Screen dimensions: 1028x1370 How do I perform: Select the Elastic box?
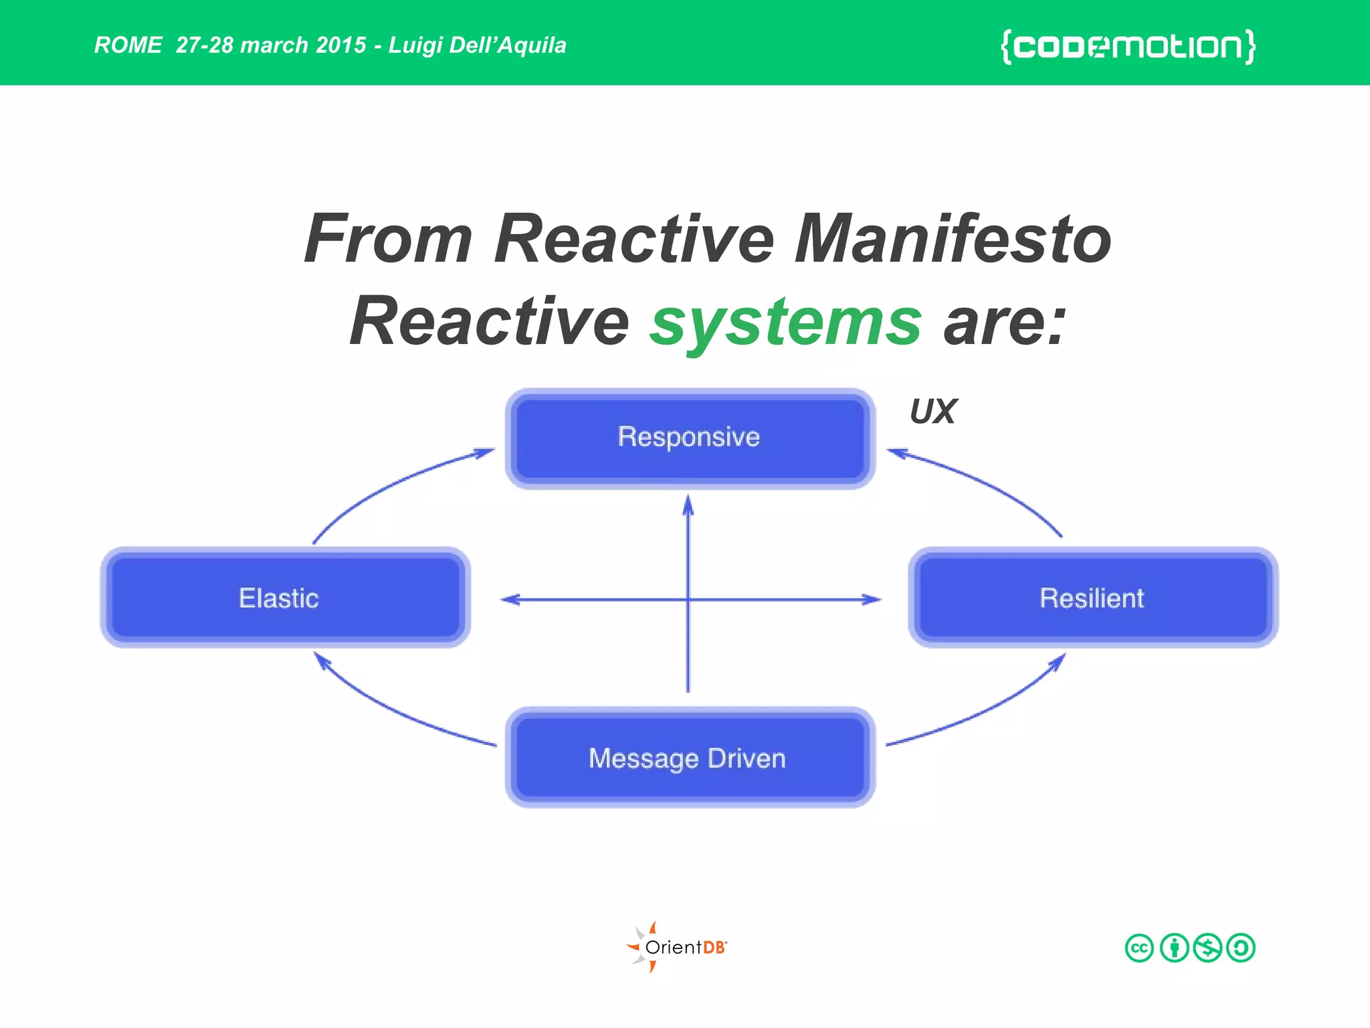click(x=285, y=598)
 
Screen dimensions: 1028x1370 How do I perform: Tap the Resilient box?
click(x=1093, y=598)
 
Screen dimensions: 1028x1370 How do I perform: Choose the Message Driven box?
click(x=690, y=758)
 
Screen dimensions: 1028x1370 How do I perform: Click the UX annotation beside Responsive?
click(x=933, y=412)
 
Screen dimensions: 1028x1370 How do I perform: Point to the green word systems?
click(x=786, y=323)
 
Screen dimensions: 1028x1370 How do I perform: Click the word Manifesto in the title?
click(x=953, y=239)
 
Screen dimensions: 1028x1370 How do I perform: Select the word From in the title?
click(x=388, y=239)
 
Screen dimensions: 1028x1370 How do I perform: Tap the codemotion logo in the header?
click(x=1128, y=46)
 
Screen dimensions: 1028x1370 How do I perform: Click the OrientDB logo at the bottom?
click(x=677, y=947)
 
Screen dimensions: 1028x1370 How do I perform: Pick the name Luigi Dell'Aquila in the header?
click(x=477, y=46)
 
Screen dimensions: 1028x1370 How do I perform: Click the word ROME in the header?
click(x=128, y=46)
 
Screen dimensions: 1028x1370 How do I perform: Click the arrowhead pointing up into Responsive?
click(x=688, y=505)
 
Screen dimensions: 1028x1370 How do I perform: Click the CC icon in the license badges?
click(x=1139, y=948)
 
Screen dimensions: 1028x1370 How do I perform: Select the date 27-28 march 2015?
click(x=271, y=46)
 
